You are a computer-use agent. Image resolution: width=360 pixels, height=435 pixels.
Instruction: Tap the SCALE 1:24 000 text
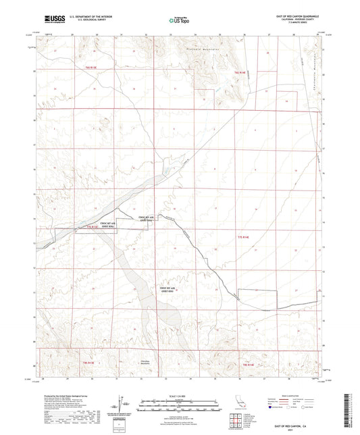click(179, 396)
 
